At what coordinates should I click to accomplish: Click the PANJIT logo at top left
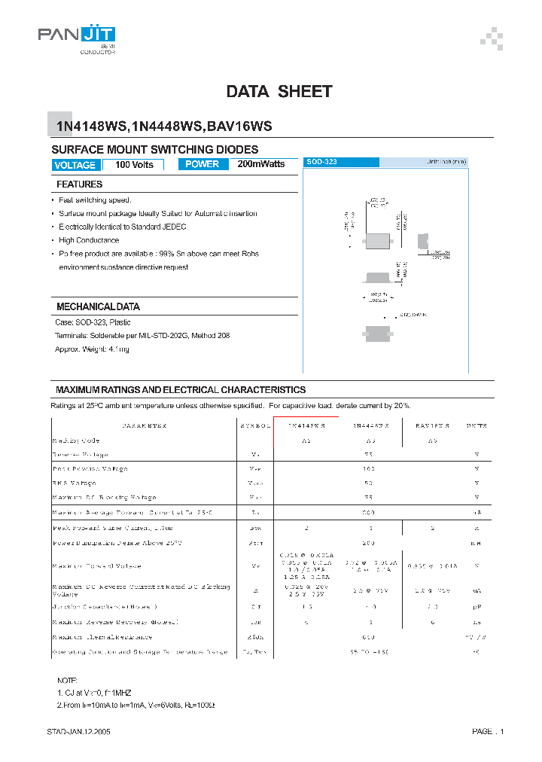click(76, 38)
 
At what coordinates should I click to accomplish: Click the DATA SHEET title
click(279, 92)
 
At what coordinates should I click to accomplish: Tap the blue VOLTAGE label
click(75, 165)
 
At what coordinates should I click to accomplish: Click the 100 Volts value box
click(133, 165)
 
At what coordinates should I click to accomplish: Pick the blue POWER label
click(202, 164)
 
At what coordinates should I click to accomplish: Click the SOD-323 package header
click(341, 162)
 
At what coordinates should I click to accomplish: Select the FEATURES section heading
click(79, 184)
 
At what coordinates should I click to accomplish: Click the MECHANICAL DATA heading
click(98, 307)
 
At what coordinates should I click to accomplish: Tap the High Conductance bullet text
click(89, 240)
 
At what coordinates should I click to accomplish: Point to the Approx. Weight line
click(92, 349)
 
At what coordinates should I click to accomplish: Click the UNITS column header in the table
click(475, 426)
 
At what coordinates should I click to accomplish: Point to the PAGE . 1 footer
click(488, 732)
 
